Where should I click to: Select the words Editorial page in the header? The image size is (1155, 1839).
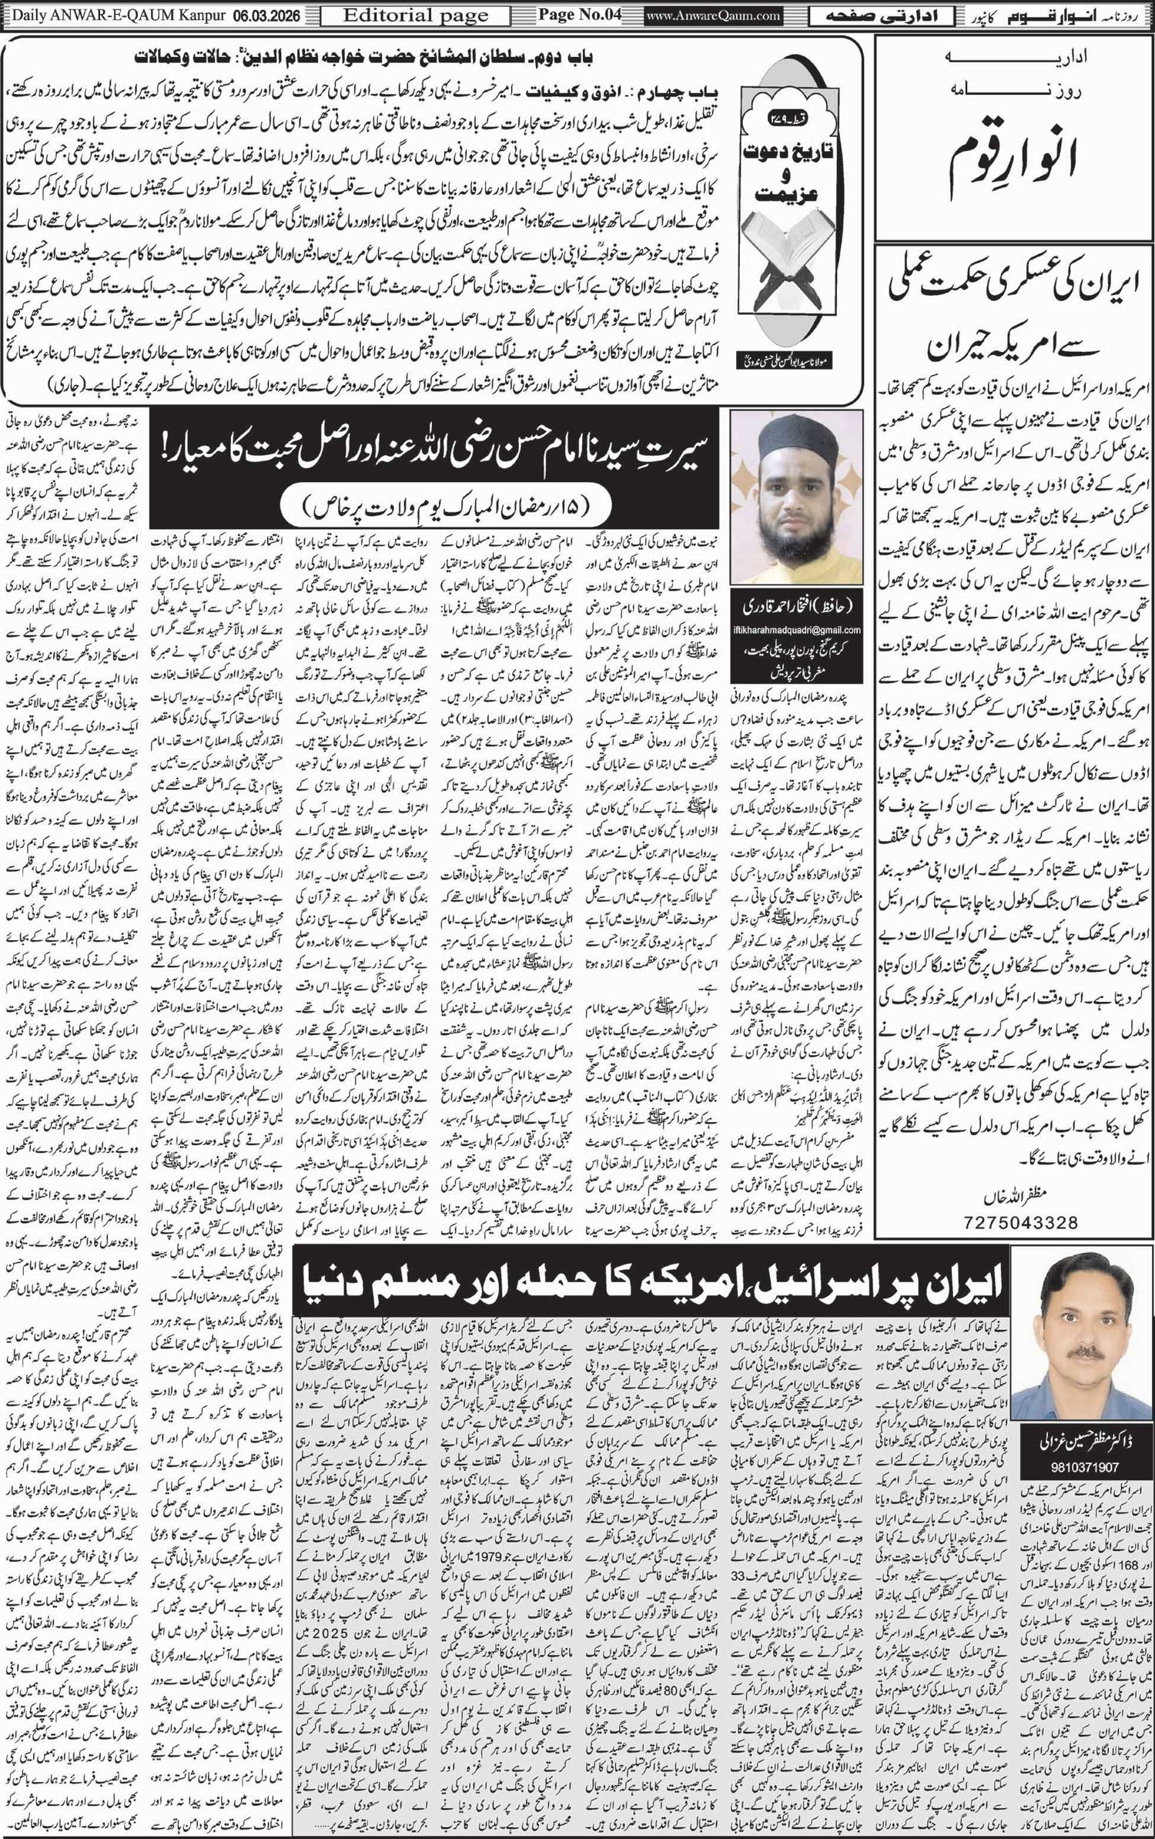click(417, 15)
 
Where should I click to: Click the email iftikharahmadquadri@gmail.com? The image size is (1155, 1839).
click(797, 629)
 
